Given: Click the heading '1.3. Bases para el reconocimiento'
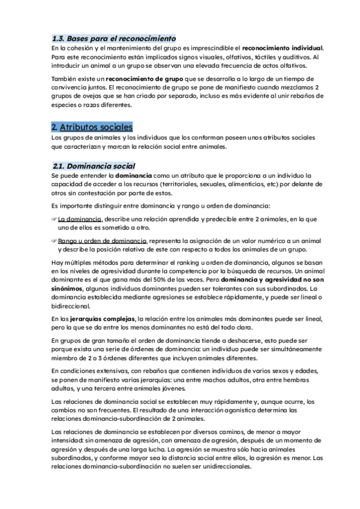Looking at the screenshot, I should pyautogui.click(x=113, y=37).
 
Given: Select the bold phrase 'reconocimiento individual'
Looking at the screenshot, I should pyautogui.click(x=282, y=47).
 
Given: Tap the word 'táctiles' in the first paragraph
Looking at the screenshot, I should pyautogui.click(x=246, y=56).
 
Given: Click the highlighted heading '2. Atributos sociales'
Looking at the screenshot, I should pyautogui.click(x=92, y=127).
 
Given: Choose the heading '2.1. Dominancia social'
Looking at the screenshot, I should pyautogui.click(x=94, y=165).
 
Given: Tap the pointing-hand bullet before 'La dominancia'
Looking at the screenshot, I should pyautogui.click(x=54, y=219).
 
